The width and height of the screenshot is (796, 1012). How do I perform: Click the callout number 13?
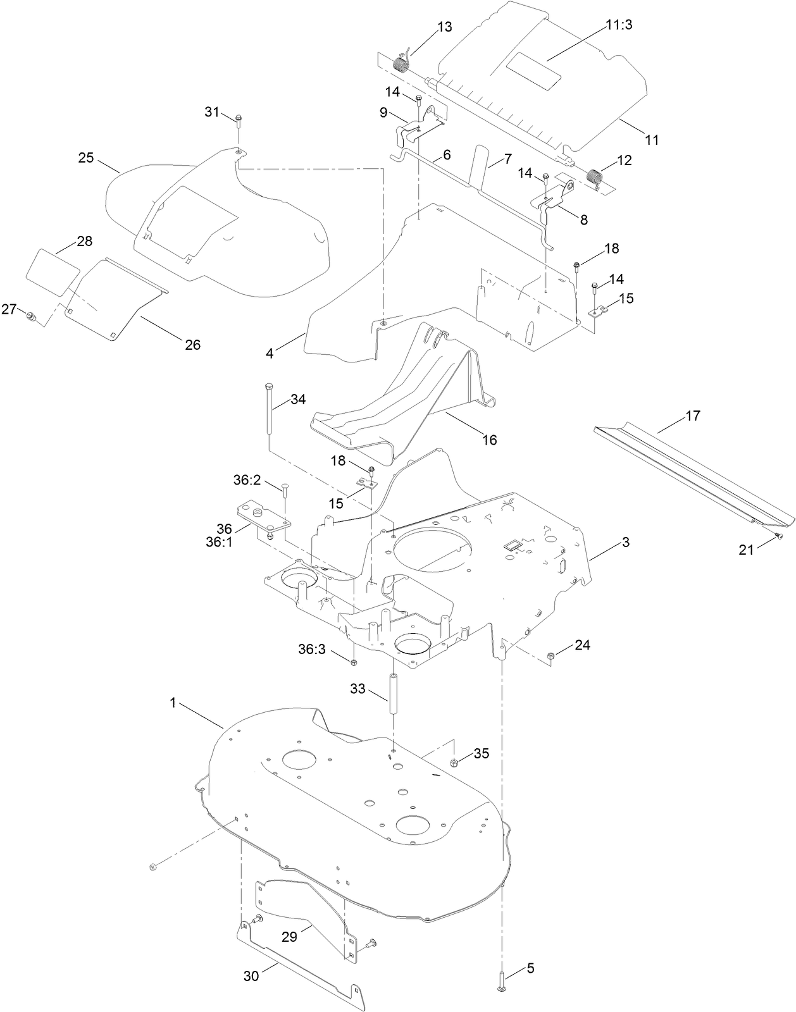445,27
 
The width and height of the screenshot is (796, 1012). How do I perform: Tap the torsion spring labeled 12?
594,178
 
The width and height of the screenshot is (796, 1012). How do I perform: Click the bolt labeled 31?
239,120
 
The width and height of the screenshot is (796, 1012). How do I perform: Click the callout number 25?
86,157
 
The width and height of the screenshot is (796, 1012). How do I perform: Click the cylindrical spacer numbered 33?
393,694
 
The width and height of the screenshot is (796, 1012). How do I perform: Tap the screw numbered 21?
778,536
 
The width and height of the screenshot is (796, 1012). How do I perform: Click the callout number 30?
251,975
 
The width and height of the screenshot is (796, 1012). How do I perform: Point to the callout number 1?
172,703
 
